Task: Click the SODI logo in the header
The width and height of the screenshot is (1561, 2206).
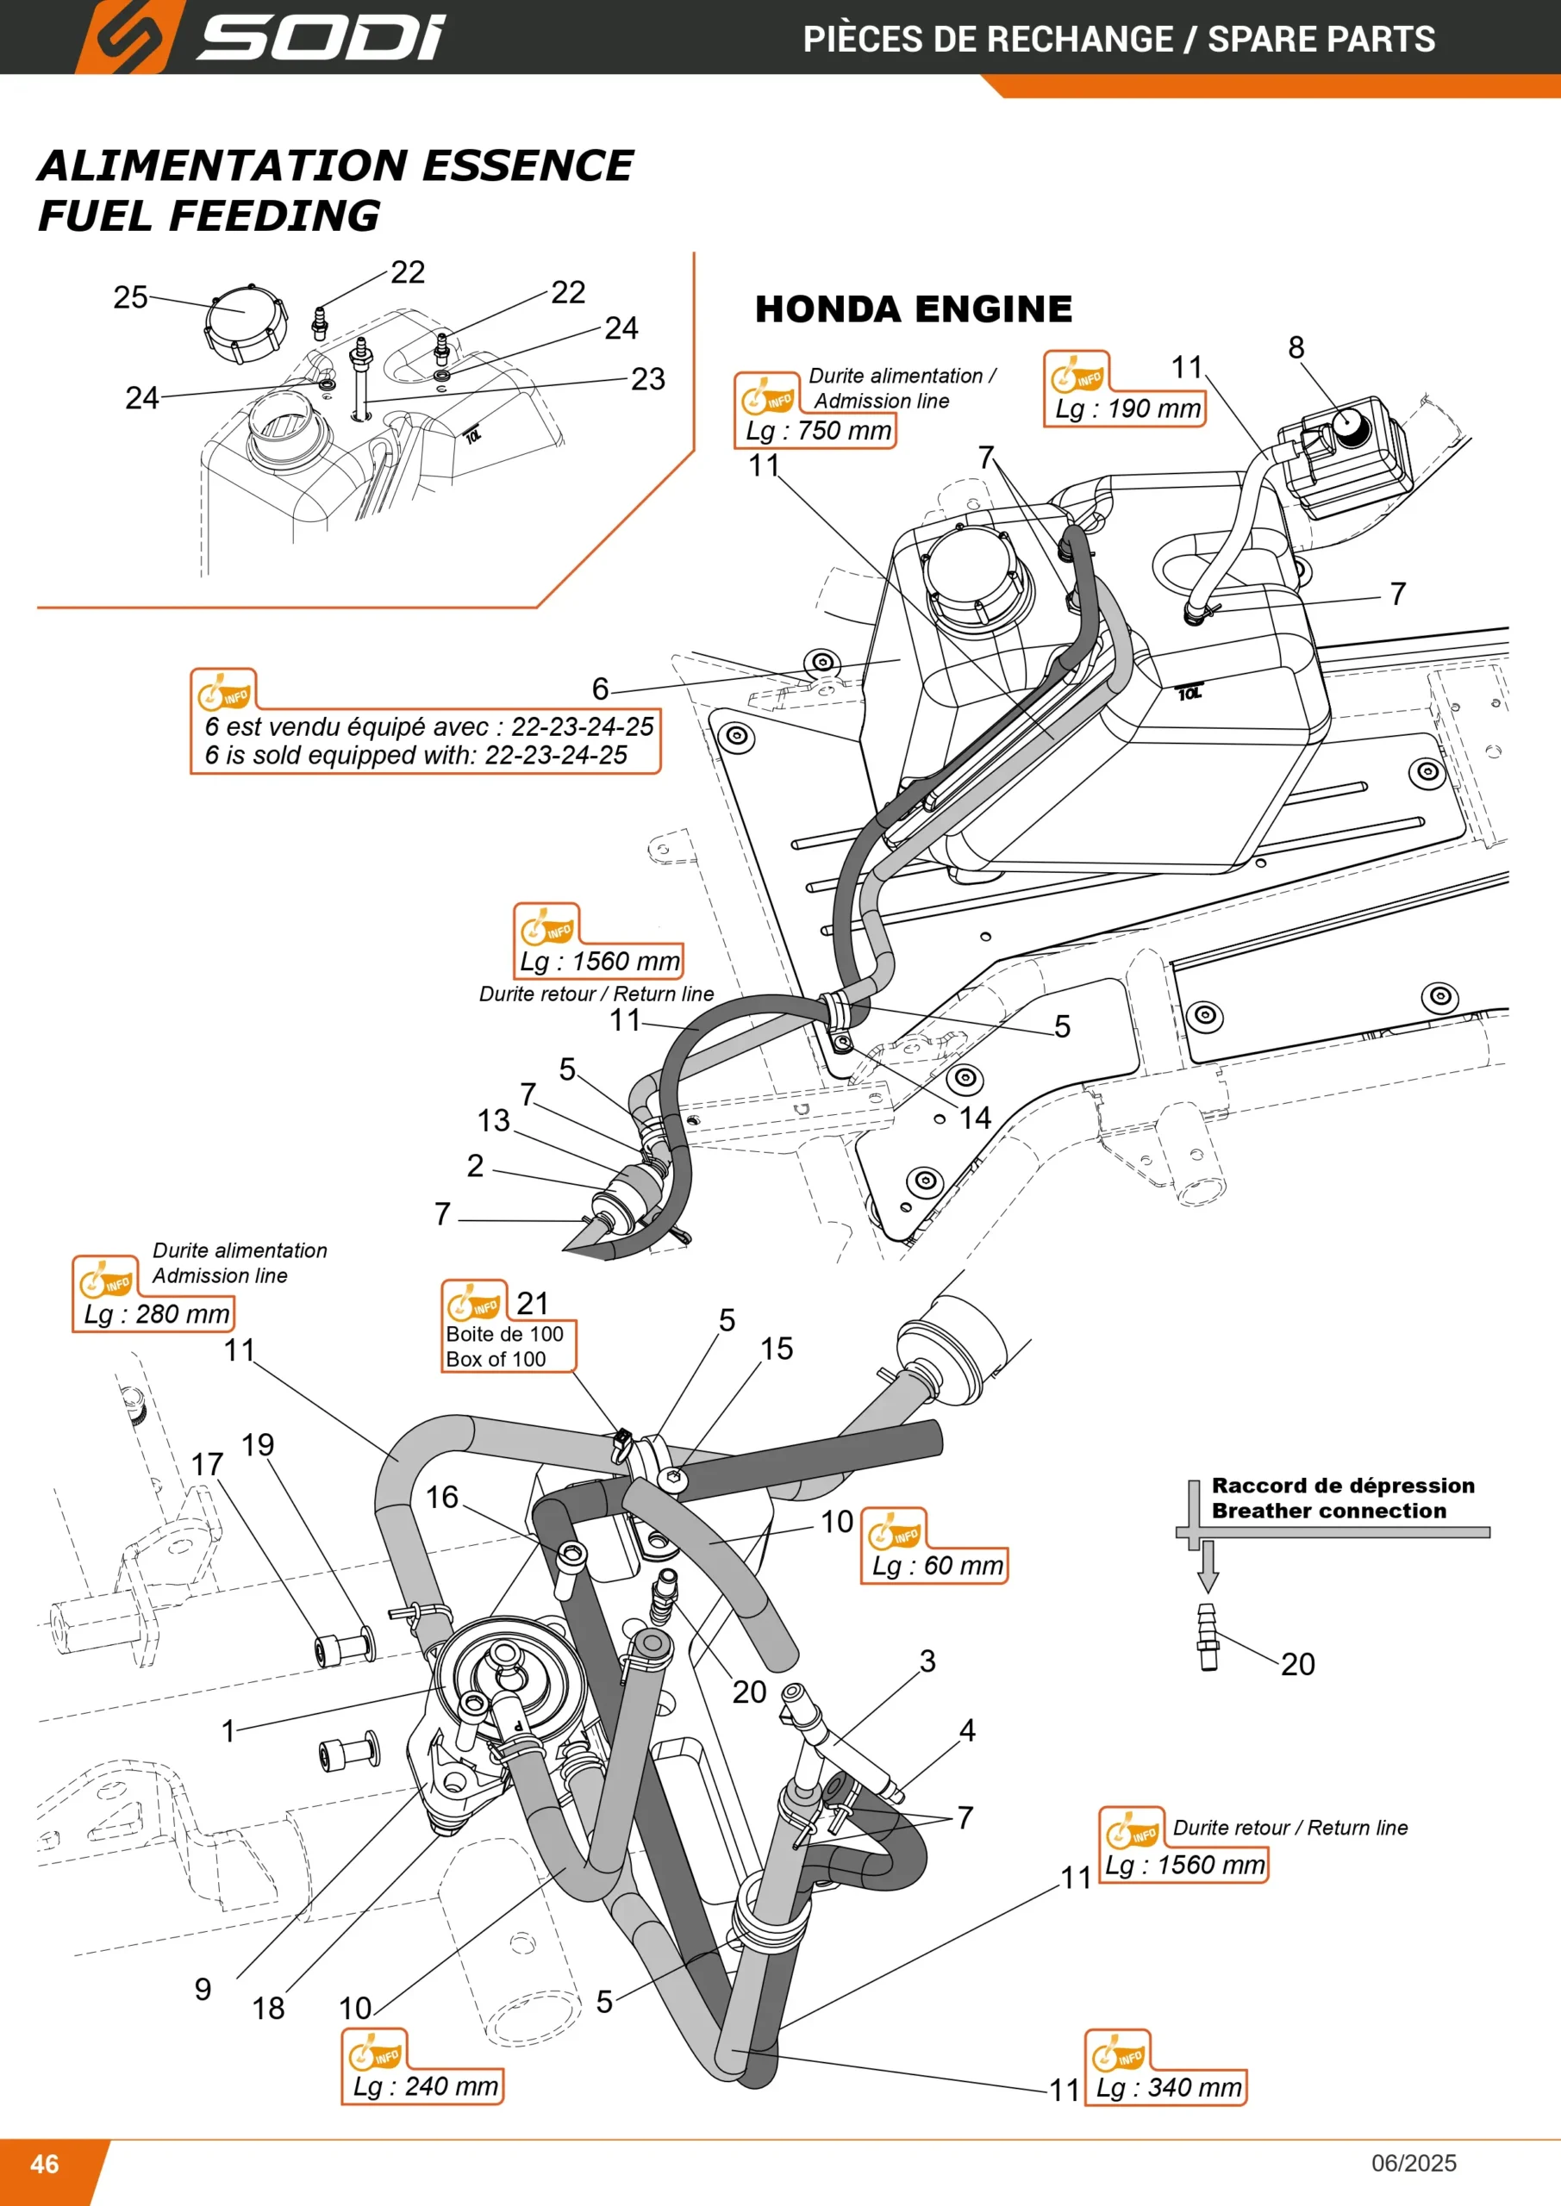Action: tap(260, 36)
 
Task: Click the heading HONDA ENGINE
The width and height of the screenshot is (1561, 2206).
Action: tap(913, 309)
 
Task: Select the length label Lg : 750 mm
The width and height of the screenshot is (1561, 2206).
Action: tap(819, 431)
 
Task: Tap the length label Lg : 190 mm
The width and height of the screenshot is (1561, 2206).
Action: tap(1127, 408)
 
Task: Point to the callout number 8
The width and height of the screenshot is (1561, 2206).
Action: tap(1296, 347)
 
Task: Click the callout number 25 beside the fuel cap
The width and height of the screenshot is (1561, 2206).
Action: tap(131, 297)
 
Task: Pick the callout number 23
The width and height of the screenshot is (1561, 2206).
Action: tap(648, 378)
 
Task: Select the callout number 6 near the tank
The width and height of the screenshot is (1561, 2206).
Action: tap(600, 688)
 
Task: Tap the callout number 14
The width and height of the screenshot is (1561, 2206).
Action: tap(975, 1118)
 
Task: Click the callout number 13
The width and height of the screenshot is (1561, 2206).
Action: tap(494, 1120)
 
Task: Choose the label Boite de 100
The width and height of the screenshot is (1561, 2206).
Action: tap(504, 1334)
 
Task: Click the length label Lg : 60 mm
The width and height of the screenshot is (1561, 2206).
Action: tap(937, 1565)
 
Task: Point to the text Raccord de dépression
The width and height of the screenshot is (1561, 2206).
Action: tap(1343, 1486)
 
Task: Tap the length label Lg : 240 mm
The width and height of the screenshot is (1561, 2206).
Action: tap(426, 2086)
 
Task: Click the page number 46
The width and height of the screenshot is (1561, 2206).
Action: tap(44, 2164)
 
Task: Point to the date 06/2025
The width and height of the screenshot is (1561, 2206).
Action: tap(1414, 2163)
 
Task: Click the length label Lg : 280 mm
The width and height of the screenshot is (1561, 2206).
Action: tap(157, 1313)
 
